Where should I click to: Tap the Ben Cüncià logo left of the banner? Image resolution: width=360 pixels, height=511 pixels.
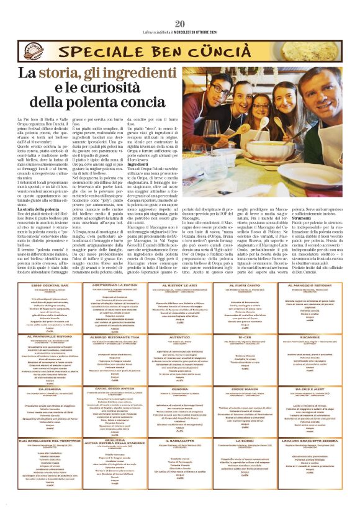point(30,48)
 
